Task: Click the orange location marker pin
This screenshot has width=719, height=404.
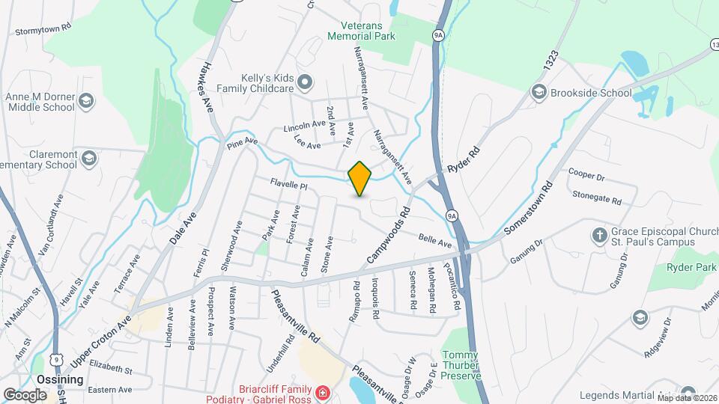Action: coord(359,178)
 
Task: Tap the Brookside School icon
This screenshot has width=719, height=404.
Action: coord(537,92)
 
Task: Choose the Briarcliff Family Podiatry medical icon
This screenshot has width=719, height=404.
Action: coord(321,393)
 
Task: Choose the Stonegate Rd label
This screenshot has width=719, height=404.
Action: coord(597,201)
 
